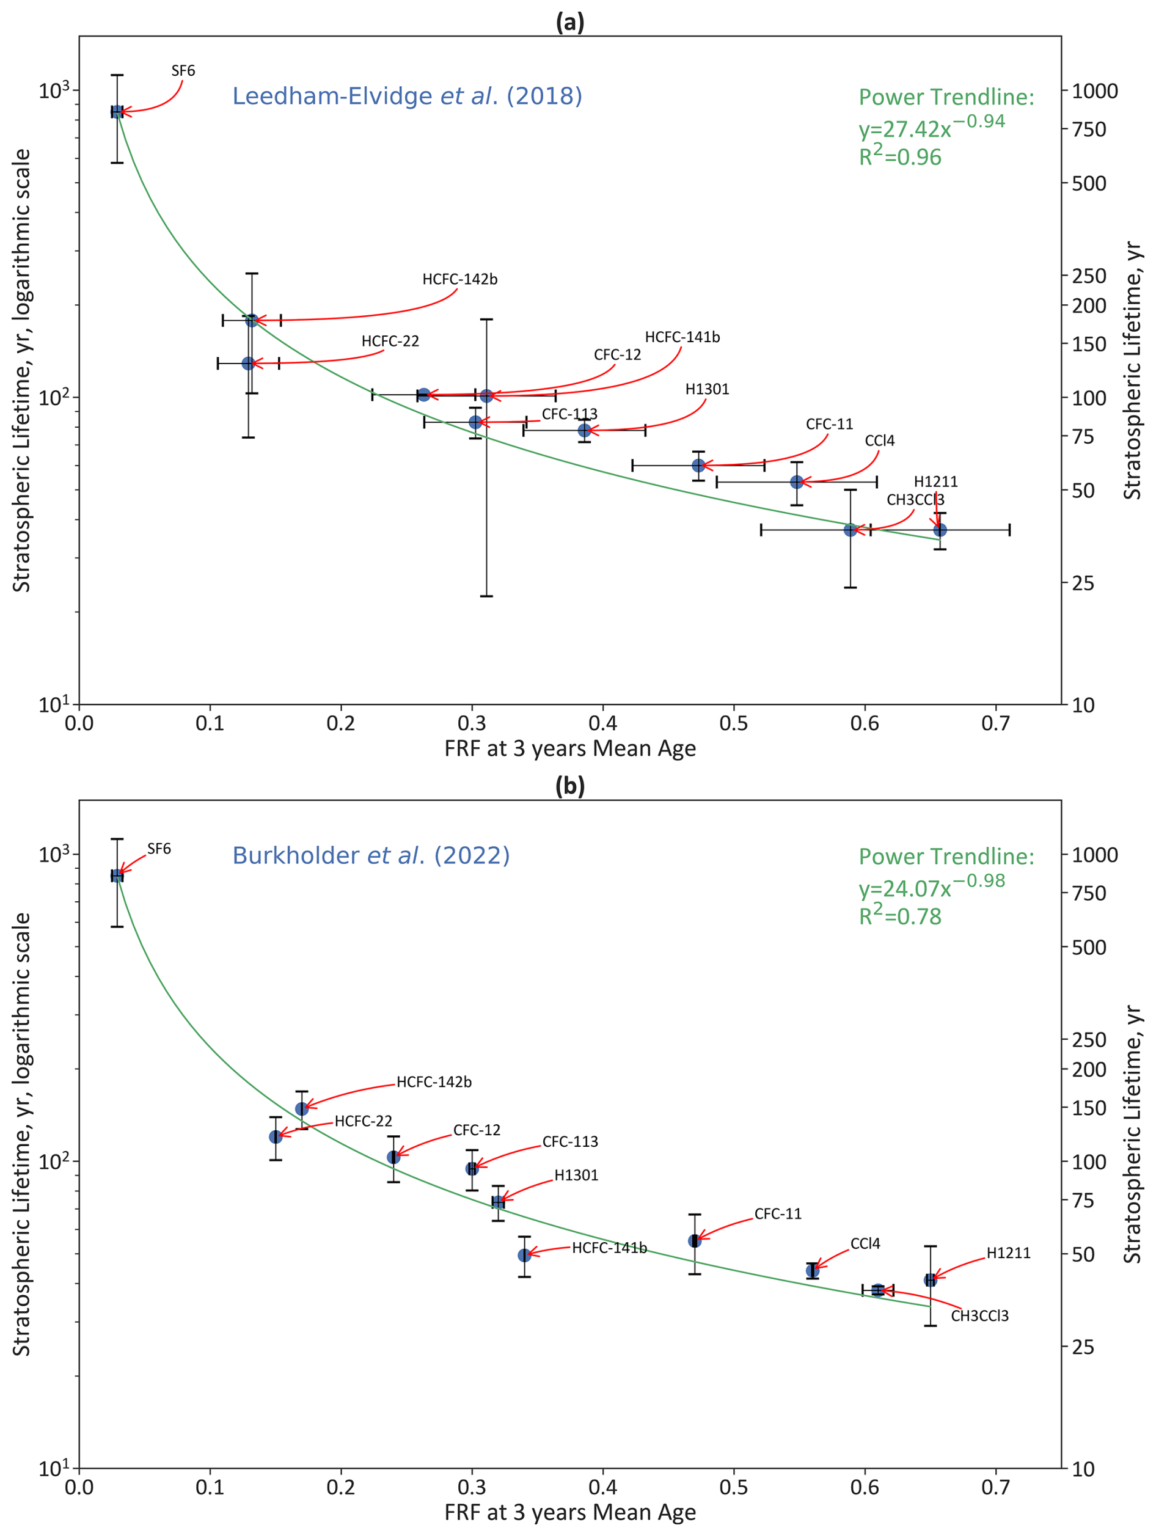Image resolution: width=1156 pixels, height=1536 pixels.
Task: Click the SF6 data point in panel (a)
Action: (117, 112)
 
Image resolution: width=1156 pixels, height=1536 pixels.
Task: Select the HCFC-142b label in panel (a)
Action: (459, 279)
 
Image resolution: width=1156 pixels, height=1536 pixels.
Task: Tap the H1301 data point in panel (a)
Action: (585, 431)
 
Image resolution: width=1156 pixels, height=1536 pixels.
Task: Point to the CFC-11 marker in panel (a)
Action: (698, 465)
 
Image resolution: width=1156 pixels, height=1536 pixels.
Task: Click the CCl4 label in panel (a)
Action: (879, 441)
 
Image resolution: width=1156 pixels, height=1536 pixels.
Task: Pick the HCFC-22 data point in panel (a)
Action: (248, 363)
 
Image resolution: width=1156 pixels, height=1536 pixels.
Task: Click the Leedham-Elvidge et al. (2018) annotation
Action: (407, 96)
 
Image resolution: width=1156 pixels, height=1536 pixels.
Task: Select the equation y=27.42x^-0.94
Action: (931, 127)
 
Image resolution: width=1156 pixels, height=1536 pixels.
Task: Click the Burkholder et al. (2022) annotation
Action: (371, 855)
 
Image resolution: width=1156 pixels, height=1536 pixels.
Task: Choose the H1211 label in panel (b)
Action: (1008, 1253)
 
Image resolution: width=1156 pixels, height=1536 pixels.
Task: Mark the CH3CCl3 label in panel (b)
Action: (979, 1316)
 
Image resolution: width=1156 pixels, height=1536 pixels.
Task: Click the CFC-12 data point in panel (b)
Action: (393, 1157)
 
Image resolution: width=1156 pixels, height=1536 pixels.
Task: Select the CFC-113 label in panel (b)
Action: (569, 1141)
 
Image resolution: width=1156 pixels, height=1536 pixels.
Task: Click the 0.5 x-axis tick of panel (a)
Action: (734, 724)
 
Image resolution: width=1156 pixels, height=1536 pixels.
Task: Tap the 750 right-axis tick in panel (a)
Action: (1089, 129)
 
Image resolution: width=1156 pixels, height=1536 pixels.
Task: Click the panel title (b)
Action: (570, 786)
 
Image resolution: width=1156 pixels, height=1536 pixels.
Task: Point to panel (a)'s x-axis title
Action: (570, 748)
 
